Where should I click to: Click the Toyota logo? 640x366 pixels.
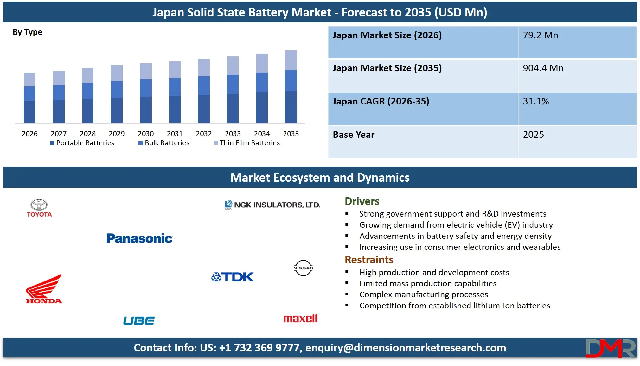[x=39, y=208]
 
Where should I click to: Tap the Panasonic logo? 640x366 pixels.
[x=139, y=238]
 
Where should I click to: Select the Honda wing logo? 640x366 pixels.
[x=44, y=289]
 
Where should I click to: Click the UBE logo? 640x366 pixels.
[x=139, y=320]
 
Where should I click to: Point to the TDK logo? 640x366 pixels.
[x=233, y=277]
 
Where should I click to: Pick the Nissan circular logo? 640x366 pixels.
[x=303, y=268]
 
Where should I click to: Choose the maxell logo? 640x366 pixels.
[x=300, y=319]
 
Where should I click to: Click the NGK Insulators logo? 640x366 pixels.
[x=272, y=205]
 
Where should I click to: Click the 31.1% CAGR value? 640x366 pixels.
[x=536, y=101]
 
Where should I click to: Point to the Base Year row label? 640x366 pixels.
[x=354, y=135]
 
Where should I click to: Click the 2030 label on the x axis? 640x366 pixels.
[x=146, y=134]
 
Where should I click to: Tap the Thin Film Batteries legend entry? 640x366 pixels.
[x=247, y=143]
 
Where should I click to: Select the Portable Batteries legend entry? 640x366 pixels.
[x=82, y=143]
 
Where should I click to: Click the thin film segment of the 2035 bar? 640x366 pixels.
[x=291, y=60]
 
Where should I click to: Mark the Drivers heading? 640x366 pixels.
[x=362, y=201]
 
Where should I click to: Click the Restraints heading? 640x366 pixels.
[x=369, y=260]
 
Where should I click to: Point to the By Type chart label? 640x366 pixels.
[x=27, y=32]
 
